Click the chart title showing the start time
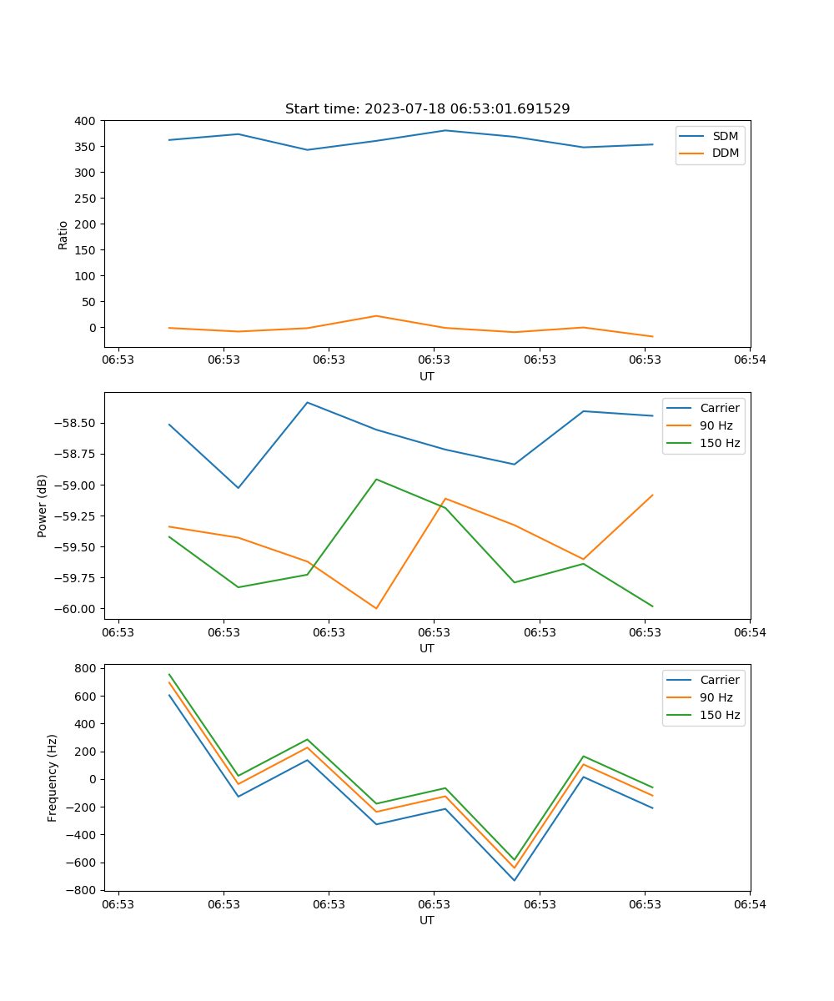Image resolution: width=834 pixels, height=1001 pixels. click(x=427, y=109)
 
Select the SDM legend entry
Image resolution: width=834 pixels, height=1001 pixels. click(x=725, y=136)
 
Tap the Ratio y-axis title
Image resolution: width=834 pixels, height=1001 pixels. click(x=63, y=234)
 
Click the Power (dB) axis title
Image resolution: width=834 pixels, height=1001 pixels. click(x=43, y=506)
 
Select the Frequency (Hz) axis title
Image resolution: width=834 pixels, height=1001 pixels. click(x=53, y=777)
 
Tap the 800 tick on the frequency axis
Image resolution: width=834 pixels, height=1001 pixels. click(x=86, y=668)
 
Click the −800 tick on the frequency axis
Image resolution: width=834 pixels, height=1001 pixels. click(x=83, y=890)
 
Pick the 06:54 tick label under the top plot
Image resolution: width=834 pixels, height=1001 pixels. click(x=749, y=360)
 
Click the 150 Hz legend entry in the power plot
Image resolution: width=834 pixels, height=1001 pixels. click(x=720, y=444)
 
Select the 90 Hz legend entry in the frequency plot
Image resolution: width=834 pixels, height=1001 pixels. click(x=716, y=697)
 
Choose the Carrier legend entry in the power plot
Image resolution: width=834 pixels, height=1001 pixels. click(x=719, y=409)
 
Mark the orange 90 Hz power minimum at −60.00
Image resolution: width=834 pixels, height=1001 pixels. click(x=376, y=608)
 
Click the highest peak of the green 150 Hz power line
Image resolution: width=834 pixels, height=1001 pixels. click(x=376, y=479)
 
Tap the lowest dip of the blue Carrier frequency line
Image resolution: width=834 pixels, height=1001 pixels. click(x=514, y=880)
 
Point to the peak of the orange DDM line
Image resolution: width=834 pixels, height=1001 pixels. click(x=376, y=315)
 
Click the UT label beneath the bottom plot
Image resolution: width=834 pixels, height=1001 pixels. click(x=427, y=920)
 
